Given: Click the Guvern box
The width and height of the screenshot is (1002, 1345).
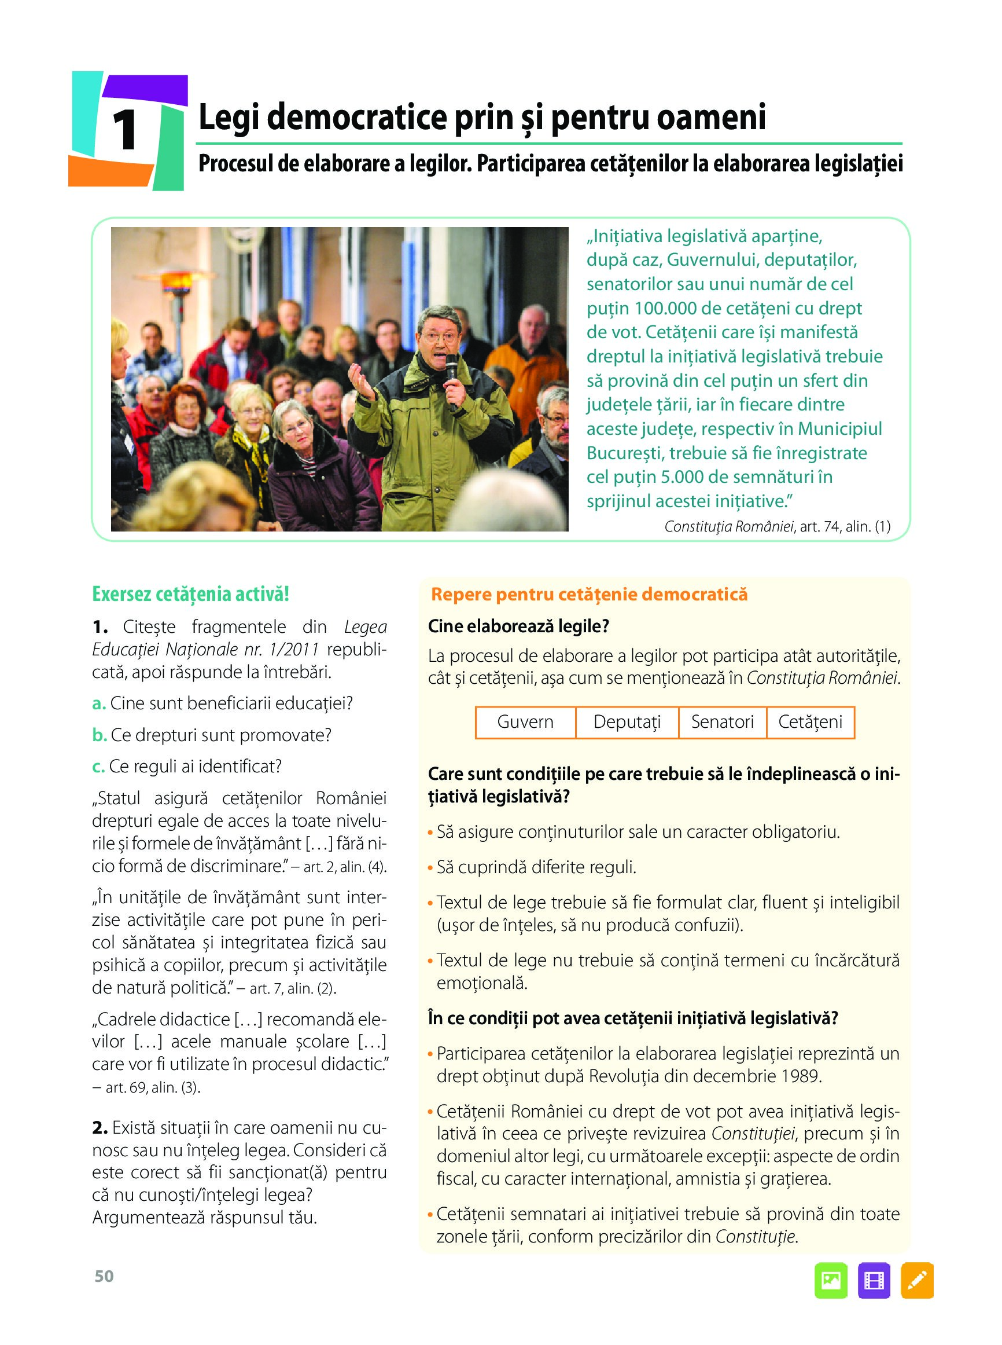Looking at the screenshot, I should click(x=525, y=721).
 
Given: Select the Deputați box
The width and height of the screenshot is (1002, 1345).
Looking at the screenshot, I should click(x=627, y=721).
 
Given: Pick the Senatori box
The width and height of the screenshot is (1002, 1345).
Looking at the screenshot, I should click(x=722, y=721).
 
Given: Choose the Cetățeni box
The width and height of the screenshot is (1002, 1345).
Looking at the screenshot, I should click(x=810, y=721).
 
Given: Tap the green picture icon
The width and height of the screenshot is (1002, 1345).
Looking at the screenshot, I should click(x=830, y=1280).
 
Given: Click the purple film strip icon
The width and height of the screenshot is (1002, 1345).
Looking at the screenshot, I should click(x=874, y=1280).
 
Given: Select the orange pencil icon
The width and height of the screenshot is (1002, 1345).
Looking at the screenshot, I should click(x=916, y=1280).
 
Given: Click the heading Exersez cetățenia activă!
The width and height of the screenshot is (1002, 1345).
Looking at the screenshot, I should click(x=190, y=593).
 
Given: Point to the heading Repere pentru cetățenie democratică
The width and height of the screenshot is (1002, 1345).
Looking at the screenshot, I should click(x=589, y=594).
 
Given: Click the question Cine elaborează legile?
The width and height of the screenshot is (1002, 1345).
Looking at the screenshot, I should click(x=518, y=626).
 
